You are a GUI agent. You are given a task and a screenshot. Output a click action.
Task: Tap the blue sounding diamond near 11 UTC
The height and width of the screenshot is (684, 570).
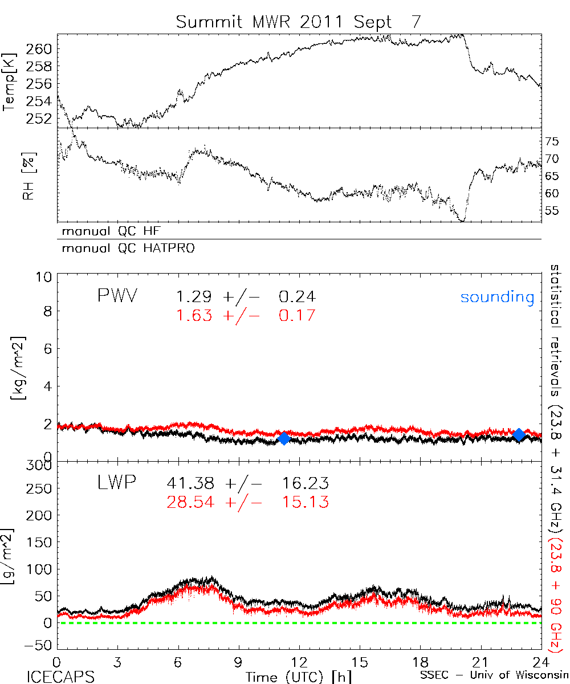point(284,438)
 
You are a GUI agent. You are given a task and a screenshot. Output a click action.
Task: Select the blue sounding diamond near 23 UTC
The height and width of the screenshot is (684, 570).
point(519,435)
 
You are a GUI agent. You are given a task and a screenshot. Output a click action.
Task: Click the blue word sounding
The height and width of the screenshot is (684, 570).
point(497,297)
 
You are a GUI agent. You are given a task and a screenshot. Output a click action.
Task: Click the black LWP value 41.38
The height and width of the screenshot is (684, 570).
point(191,484)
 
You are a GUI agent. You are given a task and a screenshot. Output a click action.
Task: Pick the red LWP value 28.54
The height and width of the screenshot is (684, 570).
point(191,502)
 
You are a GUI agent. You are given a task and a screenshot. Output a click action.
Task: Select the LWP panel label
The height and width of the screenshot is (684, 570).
point(116,484)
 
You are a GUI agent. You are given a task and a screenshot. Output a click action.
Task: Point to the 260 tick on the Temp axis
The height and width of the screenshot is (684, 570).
point(42,49)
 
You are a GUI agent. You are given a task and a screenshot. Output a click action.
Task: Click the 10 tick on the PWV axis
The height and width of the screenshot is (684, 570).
point(45,276)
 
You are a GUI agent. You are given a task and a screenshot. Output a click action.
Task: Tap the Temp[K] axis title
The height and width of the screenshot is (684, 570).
point(9,87)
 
